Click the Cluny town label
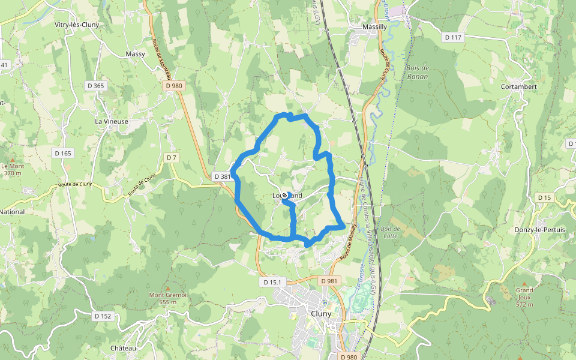click(x=322, y=313)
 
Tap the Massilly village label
click(x=375, y=27)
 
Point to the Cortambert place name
click(x=517, y=86)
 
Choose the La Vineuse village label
click(x=112, y=121)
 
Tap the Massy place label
click(x=136, y=54)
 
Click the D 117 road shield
click(x=454, y=37)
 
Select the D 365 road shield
click(x=95, y=86)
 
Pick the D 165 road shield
click(x=62, y=153)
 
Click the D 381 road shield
click(x=221, y=176)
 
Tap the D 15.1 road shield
click(x=272, y=281)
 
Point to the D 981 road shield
click(x=329, y=281)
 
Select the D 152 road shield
click(x=103, y=316)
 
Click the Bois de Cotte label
click(x=390, y=232)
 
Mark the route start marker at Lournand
click(x=284, y=195)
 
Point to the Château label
click(x=124, y=349)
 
